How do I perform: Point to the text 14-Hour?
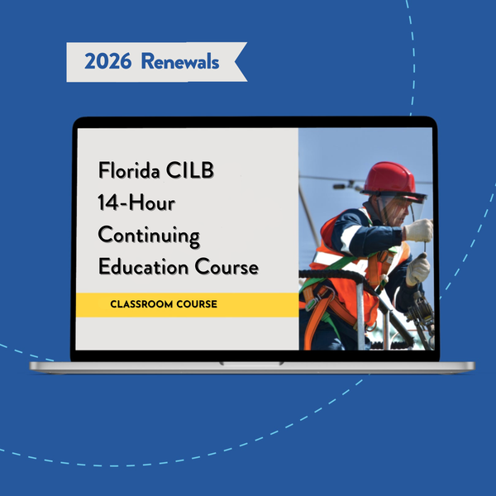136,203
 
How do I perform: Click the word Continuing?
149,236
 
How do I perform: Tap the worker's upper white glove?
419,231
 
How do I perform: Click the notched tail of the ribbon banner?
240,62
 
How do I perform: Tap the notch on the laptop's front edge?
251,364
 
